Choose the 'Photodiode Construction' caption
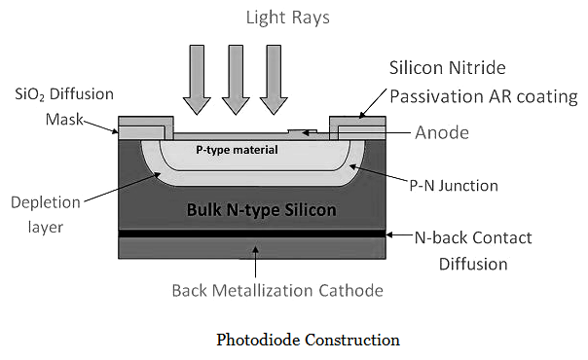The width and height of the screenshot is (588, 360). click(x=308, y=341)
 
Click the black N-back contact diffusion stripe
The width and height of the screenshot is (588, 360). click(x=253, y=234)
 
